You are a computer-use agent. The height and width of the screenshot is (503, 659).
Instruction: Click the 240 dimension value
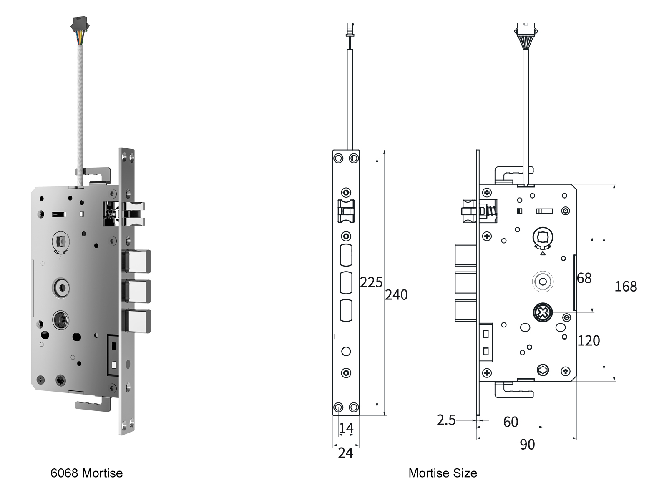click(x=396, y=295)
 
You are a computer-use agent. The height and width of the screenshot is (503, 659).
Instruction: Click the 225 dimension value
click(x=371, y=282)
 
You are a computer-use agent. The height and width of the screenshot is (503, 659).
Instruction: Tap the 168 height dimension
click(x=626, y=287)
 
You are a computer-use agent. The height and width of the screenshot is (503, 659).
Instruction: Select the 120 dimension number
click(x=589, y=341)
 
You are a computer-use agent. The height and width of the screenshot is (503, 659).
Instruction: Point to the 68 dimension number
click(x=584, y=278)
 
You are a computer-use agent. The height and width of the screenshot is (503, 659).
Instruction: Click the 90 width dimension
click(x=527, y=445)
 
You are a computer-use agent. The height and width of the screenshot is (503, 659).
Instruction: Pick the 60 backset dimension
click(x=511, y=422)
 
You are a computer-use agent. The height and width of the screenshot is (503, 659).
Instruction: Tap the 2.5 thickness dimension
click(x=446, y=420)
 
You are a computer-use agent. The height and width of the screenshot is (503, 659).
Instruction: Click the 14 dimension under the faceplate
click(x=346, y=428)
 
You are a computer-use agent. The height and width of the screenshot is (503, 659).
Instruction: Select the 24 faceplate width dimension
click(x=345, y=453)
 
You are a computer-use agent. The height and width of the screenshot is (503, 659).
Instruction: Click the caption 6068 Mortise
click(x=86, y=473)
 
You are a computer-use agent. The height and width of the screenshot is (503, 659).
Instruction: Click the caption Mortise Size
click(x=443, y=473)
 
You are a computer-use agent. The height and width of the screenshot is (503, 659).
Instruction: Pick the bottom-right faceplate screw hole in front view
click(x=354, y=407)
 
